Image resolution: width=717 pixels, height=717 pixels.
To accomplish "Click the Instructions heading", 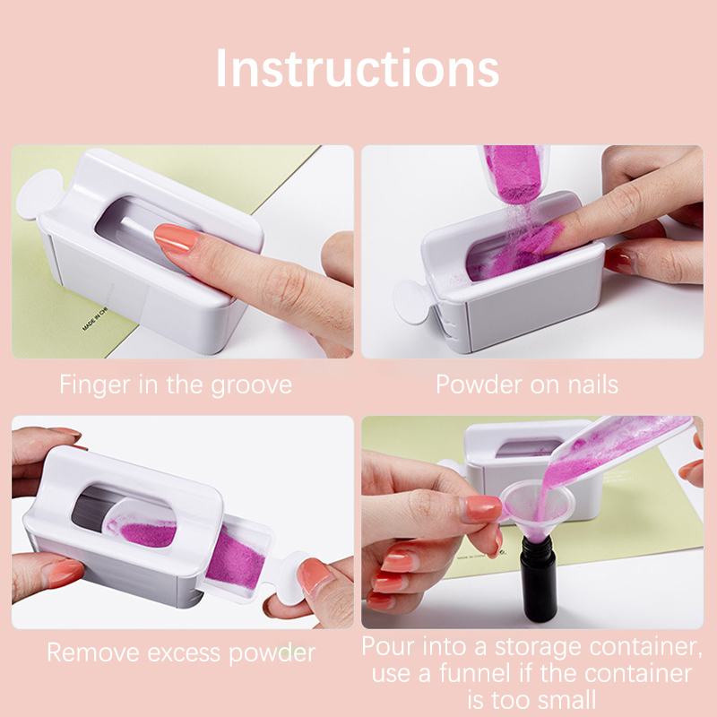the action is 357,68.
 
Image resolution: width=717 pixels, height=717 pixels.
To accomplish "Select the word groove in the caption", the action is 251,385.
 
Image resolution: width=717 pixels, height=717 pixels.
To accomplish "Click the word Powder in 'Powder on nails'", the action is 479,384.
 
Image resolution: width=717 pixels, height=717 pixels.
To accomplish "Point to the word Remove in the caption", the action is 93,652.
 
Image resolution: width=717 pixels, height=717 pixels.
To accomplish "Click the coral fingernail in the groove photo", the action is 176,238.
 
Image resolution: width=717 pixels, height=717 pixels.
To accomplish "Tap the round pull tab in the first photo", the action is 39,194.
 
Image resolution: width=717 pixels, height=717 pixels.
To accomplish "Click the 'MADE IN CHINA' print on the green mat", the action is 95,318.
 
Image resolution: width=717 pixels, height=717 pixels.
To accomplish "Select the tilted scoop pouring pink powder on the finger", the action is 514,173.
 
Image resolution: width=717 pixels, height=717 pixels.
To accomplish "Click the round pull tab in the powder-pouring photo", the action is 412,302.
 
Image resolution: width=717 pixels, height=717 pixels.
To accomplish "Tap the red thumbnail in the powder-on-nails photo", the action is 619,261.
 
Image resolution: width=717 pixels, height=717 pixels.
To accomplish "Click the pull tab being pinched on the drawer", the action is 294,577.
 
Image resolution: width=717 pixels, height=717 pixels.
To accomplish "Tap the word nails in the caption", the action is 592,384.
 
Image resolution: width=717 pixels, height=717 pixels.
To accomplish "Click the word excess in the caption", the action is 184,652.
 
